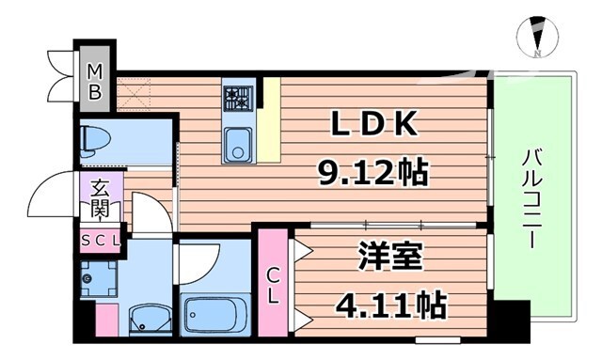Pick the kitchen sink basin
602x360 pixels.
(x=236, y=147)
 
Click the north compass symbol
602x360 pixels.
(x=535, y=37)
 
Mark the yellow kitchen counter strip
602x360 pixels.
(x=271, y=117)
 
